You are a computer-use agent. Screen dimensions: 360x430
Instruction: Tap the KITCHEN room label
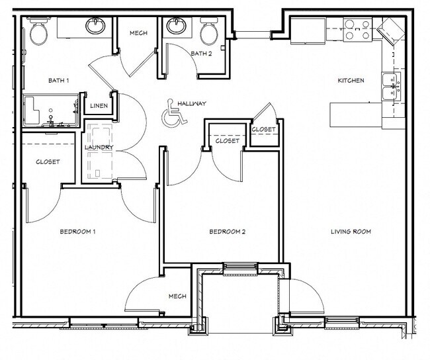pos(351,81)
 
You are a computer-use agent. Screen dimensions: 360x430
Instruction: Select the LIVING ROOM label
pos(351,232)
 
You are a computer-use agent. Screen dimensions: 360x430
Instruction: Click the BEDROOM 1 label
pos(78,232)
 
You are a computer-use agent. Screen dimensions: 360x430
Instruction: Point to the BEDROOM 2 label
pos(228,232)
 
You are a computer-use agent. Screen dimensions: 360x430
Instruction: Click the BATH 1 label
pos(59,81)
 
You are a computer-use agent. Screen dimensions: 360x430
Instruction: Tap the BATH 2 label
pos(201,54)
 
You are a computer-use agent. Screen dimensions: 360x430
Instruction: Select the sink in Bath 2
pos(176,26)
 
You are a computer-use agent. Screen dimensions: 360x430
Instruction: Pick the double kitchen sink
pos(391,87)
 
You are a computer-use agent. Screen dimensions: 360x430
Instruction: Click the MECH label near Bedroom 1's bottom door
pos(177,296)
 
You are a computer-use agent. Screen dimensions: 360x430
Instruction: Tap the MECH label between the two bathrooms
pos(138,33)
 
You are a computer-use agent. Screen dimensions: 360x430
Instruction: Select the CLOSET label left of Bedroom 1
pos(48,161)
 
